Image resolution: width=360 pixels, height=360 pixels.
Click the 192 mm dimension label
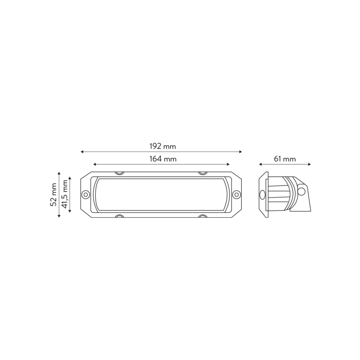click(x=163, y=146)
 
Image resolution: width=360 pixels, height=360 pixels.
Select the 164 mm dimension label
click(x=163, y=159)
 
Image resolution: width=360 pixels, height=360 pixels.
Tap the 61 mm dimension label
click(x=285, y=159)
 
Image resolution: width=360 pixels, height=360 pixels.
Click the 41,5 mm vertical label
click(x=65, y=195)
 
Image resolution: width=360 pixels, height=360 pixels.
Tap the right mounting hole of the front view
click(x=237, y=194)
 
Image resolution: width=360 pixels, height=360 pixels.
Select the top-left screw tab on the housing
click(x=119, y=173)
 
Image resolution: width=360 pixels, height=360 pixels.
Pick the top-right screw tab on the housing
click(x=202, y=173)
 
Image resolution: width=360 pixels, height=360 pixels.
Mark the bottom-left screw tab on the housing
click(x=119, y=216)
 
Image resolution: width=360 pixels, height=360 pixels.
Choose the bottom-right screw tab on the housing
click(x=202, y=216)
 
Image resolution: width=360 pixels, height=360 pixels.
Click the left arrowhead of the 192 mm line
click(x=82, y=152)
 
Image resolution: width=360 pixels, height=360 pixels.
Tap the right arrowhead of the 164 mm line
click(x=228, y=164)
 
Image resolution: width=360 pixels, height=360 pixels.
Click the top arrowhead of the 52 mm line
click(x=59, y=173)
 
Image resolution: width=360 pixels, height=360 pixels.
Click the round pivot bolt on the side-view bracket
click(x=302, y=191)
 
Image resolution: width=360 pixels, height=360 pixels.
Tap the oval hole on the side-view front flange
click(x=262, y=194)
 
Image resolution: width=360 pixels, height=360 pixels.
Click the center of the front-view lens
click(x=161, y=195)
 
